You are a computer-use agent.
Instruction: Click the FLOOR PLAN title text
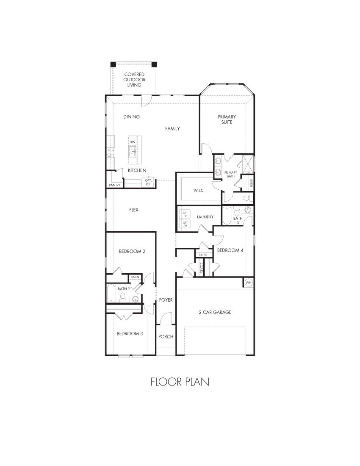tap(180, 382)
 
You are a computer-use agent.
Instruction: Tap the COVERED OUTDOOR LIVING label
tap(134, 80)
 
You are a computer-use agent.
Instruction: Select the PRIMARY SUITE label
tap(227, 119)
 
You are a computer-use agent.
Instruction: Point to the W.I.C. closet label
tap(199, 191)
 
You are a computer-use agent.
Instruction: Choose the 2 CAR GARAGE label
tap(215, 312)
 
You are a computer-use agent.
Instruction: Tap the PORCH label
tap(166, 337)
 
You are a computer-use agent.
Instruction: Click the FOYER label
tap(166, 300)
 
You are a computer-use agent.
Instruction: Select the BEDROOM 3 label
tap(130, 333)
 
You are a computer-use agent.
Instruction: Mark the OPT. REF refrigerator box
tap(148, 183)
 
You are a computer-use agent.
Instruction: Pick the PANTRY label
tap(114, 185)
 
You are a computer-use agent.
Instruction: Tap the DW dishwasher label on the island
tap(133, 142)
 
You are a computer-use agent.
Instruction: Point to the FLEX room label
tap(134, 210)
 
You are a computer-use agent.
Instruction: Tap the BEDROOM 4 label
tap(230, 250)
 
